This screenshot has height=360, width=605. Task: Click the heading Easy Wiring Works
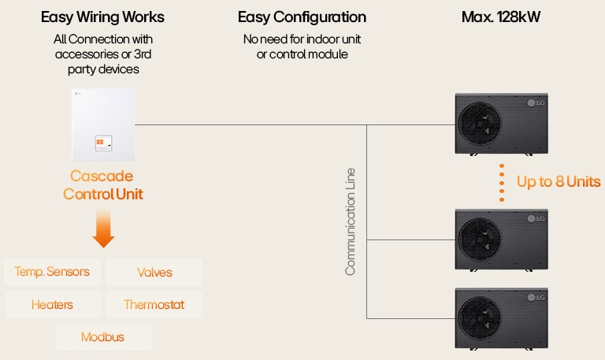coord(103,17)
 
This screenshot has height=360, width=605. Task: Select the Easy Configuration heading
coord(302,17)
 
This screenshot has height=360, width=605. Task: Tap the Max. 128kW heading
coord(500,17)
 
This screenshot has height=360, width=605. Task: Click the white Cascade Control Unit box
coord(103,122)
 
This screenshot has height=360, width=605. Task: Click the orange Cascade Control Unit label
coord(102,184)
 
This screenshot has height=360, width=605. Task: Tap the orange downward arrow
coord(103,231)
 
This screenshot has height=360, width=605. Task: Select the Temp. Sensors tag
coord(52,273)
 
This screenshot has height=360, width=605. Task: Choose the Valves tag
coord(154,273)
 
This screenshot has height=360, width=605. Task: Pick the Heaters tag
coord(52,304)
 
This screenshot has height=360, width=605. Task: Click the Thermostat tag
coord(154,304)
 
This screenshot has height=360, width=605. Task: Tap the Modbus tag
coord(103,337)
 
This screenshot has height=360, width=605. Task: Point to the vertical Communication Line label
coord(351,221)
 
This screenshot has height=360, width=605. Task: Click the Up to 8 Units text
coord(559,182)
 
